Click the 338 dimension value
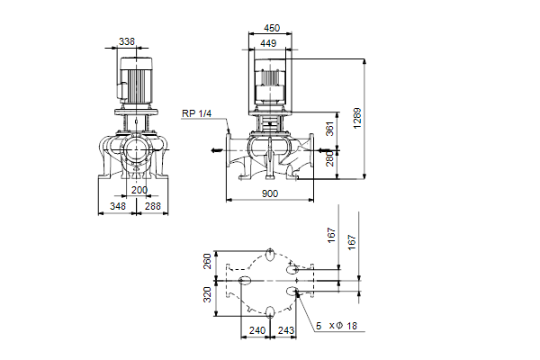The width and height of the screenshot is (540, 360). [x=127, y=40]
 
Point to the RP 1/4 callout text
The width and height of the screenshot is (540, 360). [x=195, y=112]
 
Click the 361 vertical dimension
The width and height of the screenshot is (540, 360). [x=329, y=130]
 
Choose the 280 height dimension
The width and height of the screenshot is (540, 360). [x=329, y=159]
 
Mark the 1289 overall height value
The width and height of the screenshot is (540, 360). [x=357, y=116]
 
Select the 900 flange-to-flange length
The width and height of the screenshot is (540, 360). [x=270, y=193]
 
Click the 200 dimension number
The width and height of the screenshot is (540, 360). [x=139, y=190]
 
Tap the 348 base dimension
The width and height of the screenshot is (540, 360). [x=117, y=207]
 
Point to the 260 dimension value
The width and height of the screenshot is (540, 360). [x=207, y=262]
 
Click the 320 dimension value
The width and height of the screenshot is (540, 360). [x=207, y=293]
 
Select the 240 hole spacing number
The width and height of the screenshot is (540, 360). [x=256, y=330]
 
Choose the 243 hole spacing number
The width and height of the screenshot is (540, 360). [x=286, y=330]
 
